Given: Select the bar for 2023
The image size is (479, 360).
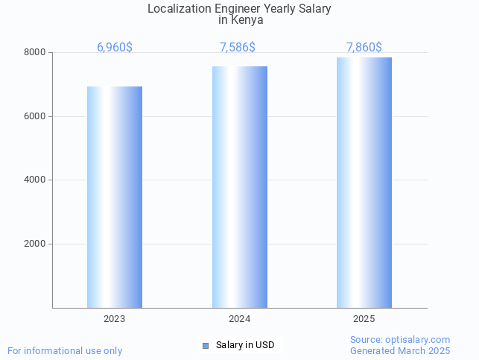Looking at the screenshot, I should (x=115, y=197).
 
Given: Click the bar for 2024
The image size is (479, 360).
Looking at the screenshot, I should (x=239, y=187).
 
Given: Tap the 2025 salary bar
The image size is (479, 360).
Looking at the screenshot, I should (x=364, y=183).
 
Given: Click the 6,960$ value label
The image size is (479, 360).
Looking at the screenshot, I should (x=115, y=48).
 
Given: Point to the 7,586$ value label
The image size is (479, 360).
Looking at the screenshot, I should (x=238, y=48).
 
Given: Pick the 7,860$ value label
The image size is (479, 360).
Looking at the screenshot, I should (x=364, y=48).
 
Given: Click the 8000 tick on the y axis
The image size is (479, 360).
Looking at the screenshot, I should (x=35, y=53).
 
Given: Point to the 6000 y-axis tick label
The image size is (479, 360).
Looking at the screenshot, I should (x=35, y=116).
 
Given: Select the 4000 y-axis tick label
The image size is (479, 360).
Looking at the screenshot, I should (x=35, y=180).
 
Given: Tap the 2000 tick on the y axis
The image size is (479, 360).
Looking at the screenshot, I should (x=35, y=244).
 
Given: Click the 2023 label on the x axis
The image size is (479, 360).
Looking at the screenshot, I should (x=115, y=319).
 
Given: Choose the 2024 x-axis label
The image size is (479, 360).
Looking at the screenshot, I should (x=239, y=319).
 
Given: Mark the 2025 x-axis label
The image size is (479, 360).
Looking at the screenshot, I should (x=364, y=319).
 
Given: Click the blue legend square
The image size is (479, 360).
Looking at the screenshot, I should (x=206, y=345).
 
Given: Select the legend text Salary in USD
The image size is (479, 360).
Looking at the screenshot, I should (x=245, y=345).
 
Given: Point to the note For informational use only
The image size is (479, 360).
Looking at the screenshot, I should (x=65, y=350).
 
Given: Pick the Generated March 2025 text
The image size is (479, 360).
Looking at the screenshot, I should (x=400, y=350).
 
